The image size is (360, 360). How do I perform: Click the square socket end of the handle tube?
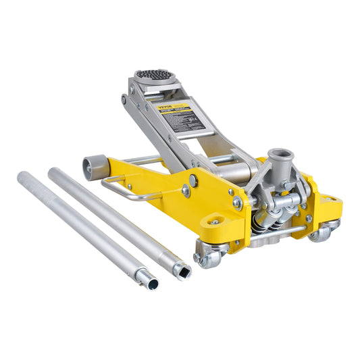[x=181, y=271]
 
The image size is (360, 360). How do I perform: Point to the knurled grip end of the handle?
[x=30, y=181]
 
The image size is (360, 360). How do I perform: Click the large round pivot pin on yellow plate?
[x=193, y=180]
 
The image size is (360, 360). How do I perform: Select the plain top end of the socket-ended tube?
[x=55, y=172]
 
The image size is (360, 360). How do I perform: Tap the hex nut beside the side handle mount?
[x=185, y=192]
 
